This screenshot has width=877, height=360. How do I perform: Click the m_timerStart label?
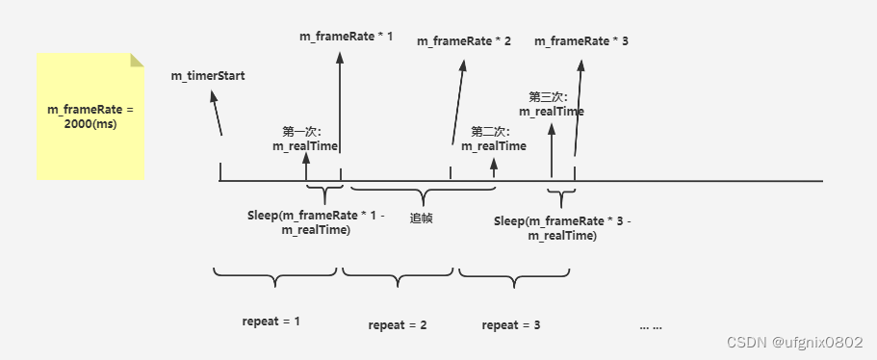(x=208, y=76)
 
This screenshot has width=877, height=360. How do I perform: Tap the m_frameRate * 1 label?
(x=347, y=37)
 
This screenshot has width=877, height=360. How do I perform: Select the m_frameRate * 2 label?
(x=464, y=41)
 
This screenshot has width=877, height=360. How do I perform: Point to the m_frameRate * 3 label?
(x=581, y=41)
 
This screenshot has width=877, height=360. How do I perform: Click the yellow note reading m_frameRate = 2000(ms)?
(x=90, y=116)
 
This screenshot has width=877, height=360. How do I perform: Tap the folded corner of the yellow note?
(x=137, y=60)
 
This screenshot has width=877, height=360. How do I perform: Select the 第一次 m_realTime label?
(x=305, y=140)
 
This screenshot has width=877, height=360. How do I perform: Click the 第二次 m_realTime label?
(x=494, y=140)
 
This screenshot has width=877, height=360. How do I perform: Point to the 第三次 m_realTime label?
(x=552, y=105)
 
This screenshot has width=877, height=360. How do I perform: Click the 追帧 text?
(x=421, y=219)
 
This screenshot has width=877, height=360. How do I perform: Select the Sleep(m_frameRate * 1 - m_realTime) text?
(x=316, y=222)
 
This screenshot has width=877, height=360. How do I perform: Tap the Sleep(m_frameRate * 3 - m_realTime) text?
(x=562, y=228)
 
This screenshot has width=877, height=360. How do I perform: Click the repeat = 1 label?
(x=271, y=322)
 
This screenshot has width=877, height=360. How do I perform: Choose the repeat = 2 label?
(x=398, y=325)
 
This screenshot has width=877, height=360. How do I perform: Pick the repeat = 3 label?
(x=511, y=325)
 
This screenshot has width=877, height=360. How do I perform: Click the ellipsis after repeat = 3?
(x=651, y=326)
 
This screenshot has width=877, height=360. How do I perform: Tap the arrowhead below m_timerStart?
(x=214, y=96)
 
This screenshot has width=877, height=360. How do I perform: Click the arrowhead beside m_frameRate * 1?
(x=340, y=58)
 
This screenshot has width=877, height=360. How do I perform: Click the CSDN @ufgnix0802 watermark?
(x=794, y=342)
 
